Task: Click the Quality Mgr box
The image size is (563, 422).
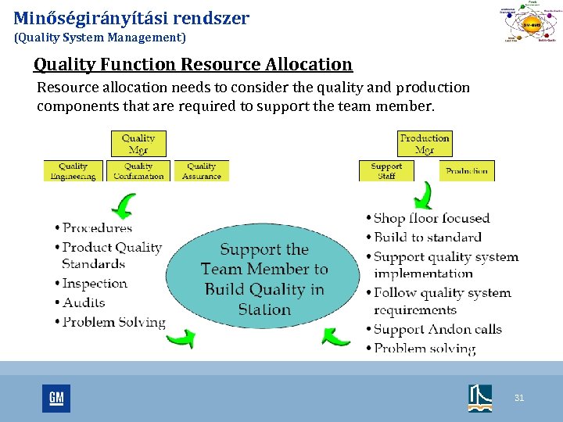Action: click(x=138, y=144)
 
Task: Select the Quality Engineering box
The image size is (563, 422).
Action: click(x=74, y=171)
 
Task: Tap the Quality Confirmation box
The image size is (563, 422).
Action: click(x=138, y=171)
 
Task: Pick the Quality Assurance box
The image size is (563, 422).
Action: click(x=202, y=171)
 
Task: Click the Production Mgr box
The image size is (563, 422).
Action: click(x=425, y=144)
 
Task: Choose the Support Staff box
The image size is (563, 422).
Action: click(x=386, y=171)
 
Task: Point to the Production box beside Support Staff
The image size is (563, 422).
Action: click(x=467, y=171)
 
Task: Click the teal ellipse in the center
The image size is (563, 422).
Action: click(x=264, y=278)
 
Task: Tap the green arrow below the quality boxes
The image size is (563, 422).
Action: click(x=124, y=207)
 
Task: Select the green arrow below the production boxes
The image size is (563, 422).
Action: click(x=423, y=195)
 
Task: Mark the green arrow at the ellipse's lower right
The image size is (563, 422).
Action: click(x=337, y=336)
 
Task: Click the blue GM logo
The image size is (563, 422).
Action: click(x=56, y=399)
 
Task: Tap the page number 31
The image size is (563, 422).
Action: click(x=519, y=399)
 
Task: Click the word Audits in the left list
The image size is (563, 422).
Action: click(x=84, y=302)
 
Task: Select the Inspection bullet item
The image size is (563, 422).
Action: click(x=95, y=284)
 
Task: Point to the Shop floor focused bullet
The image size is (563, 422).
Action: click(x=432, y=219)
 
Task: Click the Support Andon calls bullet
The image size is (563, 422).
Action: click(x=438, y=329)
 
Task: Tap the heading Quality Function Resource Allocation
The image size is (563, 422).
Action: click(x=193, y=64)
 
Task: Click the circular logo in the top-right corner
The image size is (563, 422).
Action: click(x=530, y=23)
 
